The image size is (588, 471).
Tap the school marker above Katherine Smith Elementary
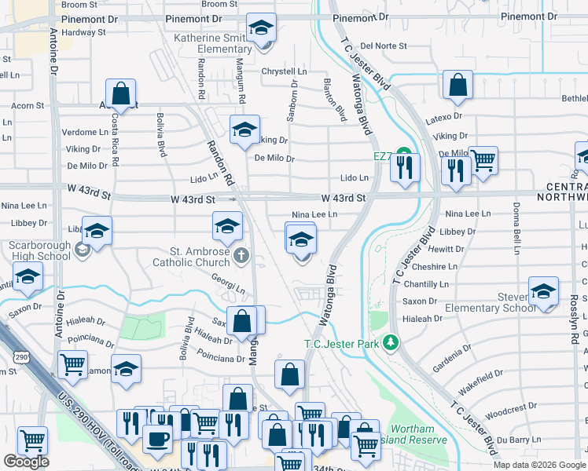pos(261,29)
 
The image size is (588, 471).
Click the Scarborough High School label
pos(39,250)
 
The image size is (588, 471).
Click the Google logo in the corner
pos(25,462)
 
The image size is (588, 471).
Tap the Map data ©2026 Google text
pos(539,465)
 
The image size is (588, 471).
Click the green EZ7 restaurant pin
pos(404,153)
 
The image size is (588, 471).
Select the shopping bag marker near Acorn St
pos(121,94)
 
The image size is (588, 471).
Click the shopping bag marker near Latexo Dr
pos(457,86)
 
